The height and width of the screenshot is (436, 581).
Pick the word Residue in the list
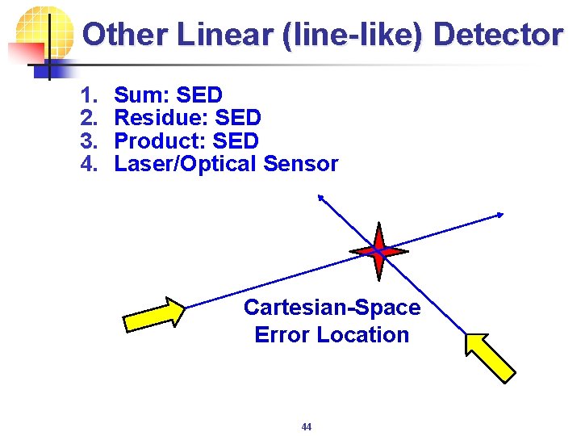pyautogui.click(x=159, y=118)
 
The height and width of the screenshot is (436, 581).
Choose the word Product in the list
pyautogui.click(x=158, y=140)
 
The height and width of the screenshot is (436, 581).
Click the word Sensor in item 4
pyautogui.click(x=301, y=164)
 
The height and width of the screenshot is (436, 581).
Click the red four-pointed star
pyautogui.click(x=378, y=251)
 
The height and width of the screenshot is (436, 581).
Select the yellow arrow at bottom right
pyautogui.click(x=490, y=356)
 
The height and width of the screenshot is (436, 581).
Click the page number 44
pyautogui.click(x=306, y=426)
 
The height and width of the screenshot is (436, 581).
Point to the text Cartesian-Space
pyautogui.click(x=332, y=308)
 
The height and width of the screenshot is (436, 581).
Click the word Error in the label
pyautogui.click(x=282, y=334)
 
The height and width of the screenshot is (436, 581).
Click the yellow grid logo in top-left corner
pyautogui.click(x=39, y=36)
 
